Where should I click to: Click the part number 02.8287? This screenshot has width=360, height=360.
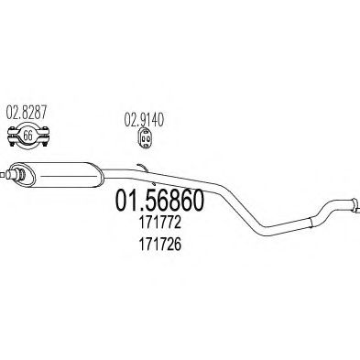coord(27,112)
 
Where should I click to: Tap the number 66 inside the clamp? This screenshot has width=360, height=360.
coord(27,136)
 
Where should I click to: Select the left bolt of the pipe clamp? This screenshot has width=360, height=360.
coord(12,136)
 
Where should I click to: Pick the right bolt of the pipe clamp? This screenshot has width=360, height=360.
coord(45,136)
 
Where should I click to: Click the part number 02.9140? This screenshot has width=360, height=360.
coord(144,120)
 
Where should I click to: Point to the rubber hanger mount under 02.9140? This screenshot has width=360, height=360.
coord(144,139)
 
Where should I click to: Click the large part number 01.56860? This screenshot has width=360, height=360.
coord(159,200)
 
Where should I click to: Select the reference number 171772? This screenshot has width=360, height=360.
coord(160,223)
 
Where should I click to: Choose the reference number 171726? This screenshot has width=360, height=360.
coord(160,244)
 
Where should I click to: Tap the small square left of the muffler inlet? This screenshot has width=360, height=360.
coord(2,175)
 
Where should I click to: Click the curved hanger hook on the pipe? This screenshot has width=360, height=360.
coord(143,168)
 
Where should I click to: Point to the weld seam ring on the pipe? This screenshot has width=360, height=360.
coord(311,222)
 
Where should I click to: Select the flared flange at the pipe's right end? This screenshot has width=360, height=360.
coord(355,204)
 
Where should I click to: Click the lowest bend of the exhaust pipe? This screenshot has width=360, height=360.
coord(263,233)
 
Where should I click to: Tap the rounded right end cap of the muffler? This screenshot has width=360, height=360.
coord(99,175)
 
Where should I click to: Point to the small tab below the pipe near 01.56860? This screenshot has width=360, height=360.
coord(153,184)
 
